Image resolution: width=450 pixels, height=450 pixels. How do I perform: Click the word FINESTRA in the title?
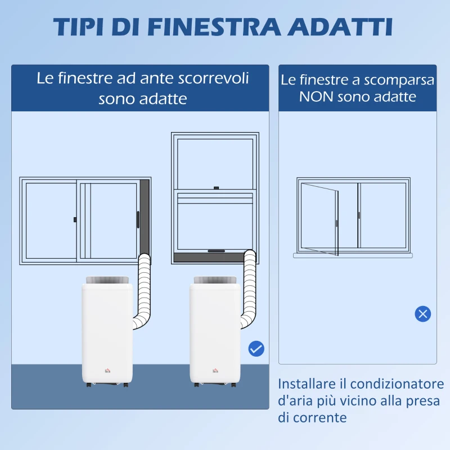[x=214, y=27]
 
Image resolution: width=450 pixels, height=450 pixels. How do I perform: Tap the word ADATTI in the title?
[x=340, y=27]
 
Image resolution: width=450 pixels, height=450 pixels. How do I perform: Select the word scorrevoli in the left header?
[x=213, y=78]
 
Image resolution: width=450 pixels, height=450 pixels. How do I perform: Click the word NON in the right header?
[x=316, y=97]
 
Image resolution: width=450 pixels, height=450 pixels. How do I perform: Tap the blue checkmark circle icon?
[x=256, y=349]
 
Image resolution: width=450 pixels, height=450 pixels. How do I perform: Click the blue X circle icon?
[x=423, y=314]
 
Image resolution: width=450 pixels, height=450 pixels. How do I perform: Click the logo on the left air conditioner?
[x=107, y=371]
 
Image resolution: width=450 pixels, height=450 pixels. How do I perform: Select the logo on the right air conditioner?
[x=215, y=371]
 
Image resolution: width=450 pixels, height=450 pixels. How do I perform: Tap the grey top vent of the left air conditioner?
[x=107, y=280]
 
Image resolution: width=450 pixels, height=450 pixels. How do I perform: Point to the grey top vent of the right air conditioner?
[x=215, y=280]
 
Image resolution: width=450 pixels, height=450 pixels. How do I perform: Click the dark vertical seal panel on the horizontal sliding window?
[x=145, y=218]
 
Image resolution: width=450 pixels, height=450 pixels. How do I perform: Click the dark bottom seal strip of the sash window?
[x=209, y=258]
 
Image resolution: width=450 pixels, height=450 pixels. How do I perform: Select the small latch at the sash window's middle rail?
[x=217, y=188]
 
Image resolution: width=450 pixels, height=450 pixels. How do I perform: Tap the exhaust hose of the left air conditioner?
[x=144, y=290]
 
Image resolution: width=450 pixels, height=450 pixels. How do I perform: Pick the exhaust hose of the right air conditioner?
[x=250, y=287]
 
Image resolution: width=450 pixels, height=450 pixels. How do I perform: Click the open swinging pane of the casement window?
[x=319, y=219]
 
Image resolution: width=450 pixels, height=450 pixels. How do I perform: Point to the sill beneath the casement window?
[x=353, y=255]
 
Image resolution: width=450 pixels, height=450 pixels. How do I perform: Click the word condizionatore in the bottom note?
[x=397, y=384]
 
